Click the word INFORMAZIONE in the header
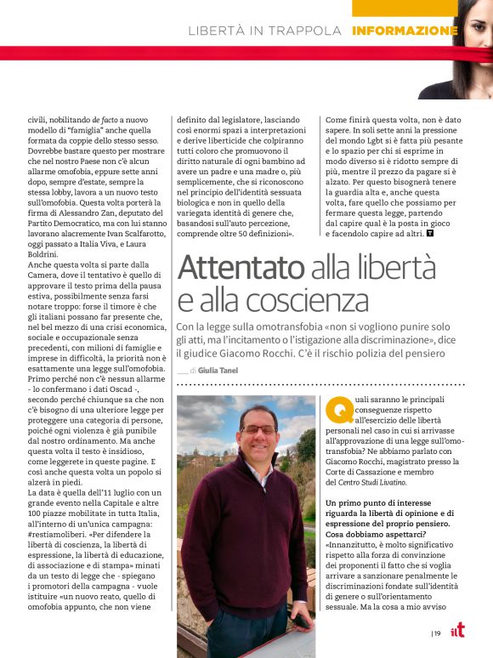[x=405, y=31]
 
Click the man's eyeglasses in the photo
[x=258, y=429]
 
